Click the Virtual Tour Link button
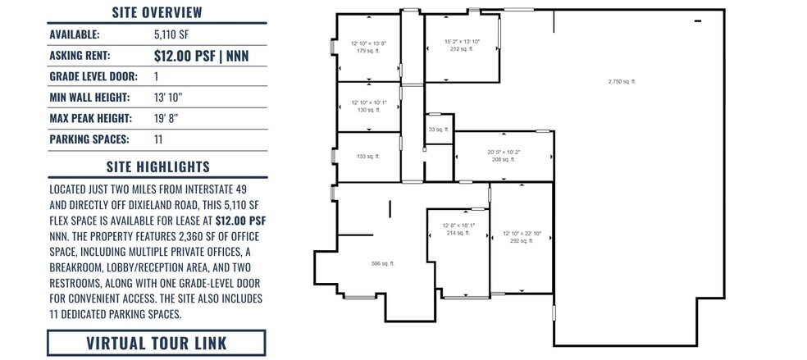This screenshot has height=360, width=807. [x=157, y=343]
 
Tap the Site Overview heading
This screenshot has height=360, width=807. [x=157, y=12]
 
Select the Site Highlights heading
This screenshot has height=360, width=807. [x=157, y=167]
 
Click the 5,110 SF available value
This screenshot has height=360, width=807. [x=170, y=34]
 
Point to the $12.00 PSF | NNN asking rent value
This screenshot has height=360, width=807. [x=201, y=56]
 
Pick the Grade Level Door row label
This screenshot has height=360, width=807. [x=93, y=77]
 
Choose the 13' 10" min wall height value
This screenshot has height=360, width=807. [x=168, y=98]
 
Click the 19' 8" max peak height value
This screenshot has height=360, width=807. [x=166, y=118]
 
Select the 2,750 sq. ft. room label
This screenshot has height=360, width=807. [x=622, y=81]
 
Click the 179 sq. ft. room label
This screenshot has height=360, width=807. [x=367, y=50]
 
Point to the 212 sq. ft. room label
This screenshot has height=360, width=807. [x=462, y=48]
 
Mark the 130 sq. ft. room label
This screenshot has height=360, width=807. [x=367, y=109]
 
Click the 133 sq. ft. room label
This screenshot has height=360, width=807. [x=367, y=156]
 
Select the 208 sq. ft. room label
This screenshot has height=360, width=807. [x=504, y=159]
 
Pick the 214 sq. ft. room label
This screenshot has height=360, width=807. [x=458, y=233]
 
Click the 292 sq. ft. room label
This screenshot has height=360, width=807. [x=521, y=240]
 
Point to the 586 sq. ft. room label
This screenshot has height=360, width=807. [x=383, y=263]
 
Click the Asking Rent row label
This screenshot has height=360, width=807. [x=80, y=56]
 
